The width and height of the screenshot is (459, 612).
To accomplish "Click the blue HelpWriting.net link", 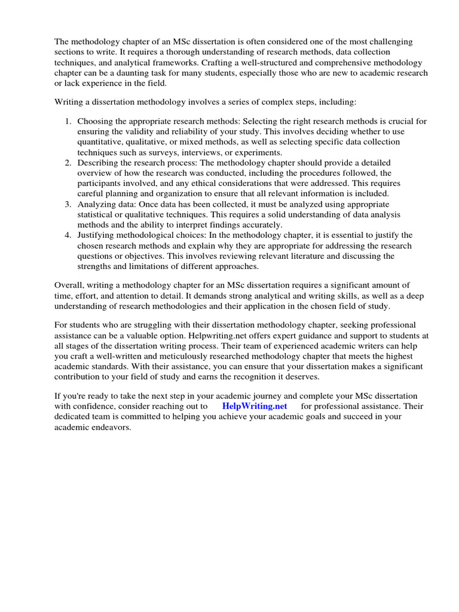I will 255,406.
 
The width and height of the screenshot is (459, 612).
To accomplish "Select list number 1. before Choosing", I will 68,121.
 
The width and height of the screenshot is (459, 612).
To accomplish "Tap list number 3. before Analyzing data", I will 68,204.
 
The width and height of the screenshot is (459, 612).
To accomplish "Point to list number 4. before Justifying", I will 68,235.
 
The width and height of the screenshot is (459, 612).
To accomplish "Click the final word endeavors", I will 111,427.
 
